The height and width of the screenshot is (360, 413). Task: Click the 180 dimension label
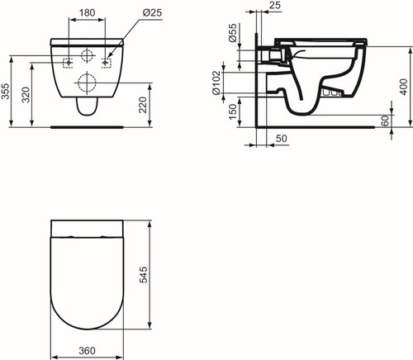pyautogui.click(x=87, y=12)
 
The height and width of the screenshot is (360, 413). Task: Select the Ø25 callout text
pyautogui.click(x=152, y=12)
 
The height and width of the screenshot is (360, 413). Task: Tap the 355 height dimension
pyautogui.click(x=5, y=91)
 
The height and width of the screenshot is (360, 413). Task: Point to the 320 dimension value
pyautogui.click(x=26, y=95)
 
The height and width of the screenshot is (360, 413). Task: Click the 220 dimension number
pyautogui.click(x=143, y=105)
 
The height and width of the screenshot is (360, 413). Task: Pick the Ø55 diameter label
pyautogui.click(x=233, y=32)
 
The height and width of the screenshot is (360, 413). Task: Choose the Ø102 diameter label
pyautogui.click(x=216, y=83)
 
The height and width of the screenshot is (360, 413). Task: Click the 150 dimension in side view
pyautogui.click(x=233, y=111)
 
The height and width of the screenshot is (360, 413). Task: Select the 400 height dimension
pyautogui.click(x=404, y=87)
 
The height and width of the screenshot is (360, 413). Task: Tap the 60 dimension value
pyautogui.click(x=387, y=121)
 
